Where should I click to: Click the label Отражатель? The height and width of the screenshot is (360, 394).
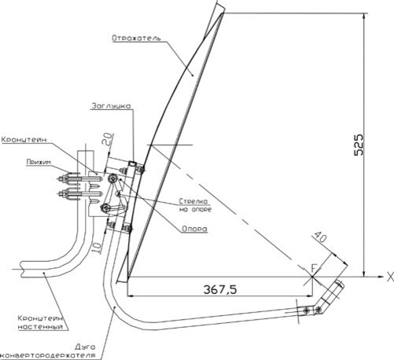tap(136, 38)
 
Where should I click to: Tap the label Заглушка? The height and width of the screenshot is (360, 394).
tap(111, 106)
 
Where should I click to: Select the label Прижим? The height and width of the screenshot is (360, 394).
tap(39, 162)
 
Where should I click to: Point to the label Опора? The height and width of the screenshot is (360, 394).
tap(194, 229)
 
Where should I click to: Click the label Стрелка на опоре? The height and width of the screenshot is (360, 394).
tap(195, 205)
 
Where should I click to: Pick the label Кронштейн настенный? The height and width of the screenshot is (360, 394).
tap(40, 322)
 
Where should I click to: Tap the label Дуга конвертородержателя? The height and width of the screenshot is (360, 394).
tap(48, 351)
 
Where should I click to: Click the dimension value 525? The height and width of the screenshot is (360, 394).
tap(359, 145)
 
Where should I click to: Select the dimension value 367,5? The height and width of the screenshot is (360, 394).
tap(220, 289)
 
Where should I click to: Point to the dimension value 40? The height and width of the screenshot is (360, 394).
tap(320, 237)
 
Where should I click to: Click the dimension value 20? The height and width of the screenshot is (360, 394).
tap(108, 139)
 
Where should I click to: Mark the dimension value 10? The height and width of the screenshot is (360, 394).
tap(96, 247)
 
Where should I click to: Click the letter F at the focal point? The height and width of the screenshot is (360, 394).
tap(314, 268)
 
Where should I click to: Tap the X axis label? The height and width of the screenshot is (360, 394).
tap(390, 277)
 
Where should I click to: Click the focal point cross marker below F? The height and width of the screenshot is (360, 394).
tap(312, 277)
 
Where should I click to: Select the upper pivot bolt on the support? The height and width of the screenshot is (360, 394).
tap(112, 178)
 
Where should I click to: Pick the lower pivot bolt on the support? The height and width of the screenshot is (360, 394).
tap(105, 208)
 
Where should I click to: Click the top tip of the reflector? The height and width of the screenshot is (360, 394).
tap(223, 13)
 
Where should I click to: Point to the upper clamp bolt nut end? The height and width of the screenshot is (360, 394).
tap(63, 179)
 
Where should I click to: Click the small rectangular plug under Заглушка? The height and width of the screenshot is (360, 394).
tap(132, 163)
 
